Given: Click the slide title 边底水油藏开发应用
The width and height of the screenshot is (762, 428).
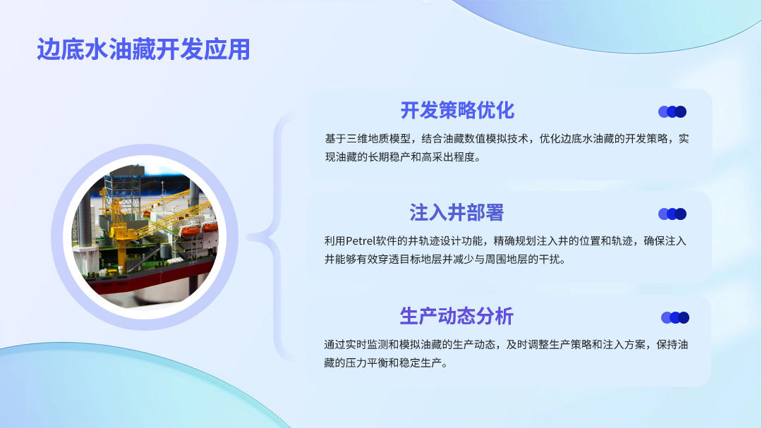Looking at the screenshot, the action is (143, 49).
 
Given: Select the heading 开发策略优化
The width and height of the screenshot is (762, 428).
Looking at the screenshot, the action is (457, 110).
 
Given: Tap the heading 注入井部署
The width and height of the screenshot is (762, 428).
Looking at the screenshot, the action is (456, 213).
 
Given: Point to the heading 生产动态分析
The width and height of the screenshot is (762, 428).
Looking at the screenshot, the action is (456, 317).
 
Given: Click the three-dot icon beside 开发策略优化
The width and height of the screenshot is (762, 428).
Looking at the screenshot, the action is (672, 111).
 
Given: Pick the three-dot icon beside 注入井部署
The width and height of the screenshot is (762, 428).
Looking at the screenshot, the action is (672, 214).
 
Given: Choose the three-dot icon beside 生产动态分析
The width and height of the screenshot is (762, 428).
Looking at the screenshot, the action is (675, 318).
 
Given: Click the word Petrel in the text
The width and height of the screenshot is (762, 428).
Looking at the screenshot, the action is (360, 241).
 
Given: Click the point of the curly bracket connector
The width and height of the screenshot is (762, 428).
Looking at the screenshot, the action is (249, 238).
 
